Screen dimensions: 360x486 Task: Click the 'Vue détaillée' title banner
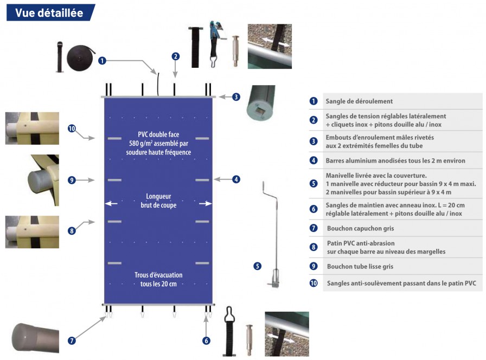[x=49, y=12]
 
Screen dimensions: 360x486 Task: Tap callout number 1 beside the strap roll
[x=102, y=61]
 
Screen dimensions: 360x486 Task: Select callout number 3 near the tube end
[x=236, y=97]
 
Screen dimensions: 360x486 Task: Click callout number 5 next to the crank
[x=257, y=266]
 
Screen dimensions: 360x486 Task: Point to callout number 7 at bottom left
[x=72, y=340]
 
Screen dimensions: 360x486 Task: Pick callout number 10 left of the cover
[x=72, y=128]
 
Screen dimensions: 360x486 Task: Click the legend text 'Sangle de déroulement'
[x=359, y=101]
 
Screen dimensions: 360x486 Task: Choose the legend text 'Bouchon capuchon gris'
[x=360, y=229]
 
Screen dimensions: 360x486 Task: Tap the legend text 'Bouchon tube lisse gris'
[x=362, y=267]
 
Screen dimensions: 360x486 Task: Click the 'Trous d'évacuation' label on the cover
[x=158, y=275]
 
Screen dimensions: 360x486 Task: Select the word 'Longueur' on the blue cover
[x=158, y=196]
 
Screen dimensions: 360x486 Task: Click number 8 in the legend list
[x=314, y=247]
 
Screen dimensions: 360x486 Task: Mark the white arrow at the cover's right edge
[x=205, y=204]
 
